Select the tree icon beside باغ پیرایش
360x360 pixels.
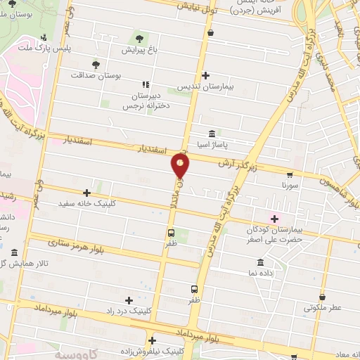tap(138, 38)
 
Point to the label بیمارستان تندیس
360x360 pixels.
tap(205, 86)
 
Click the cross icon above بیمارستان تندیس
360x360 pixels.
tap(205, 75)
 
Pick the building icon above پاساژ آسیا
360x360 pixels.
tap(212, 133)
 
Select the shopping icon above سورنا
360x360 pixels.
tap(290, 174)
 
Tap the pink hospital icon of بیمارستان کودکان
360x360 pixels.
tap(274, 219)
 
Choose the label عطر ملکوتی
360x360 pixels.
tap(322, 307)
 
